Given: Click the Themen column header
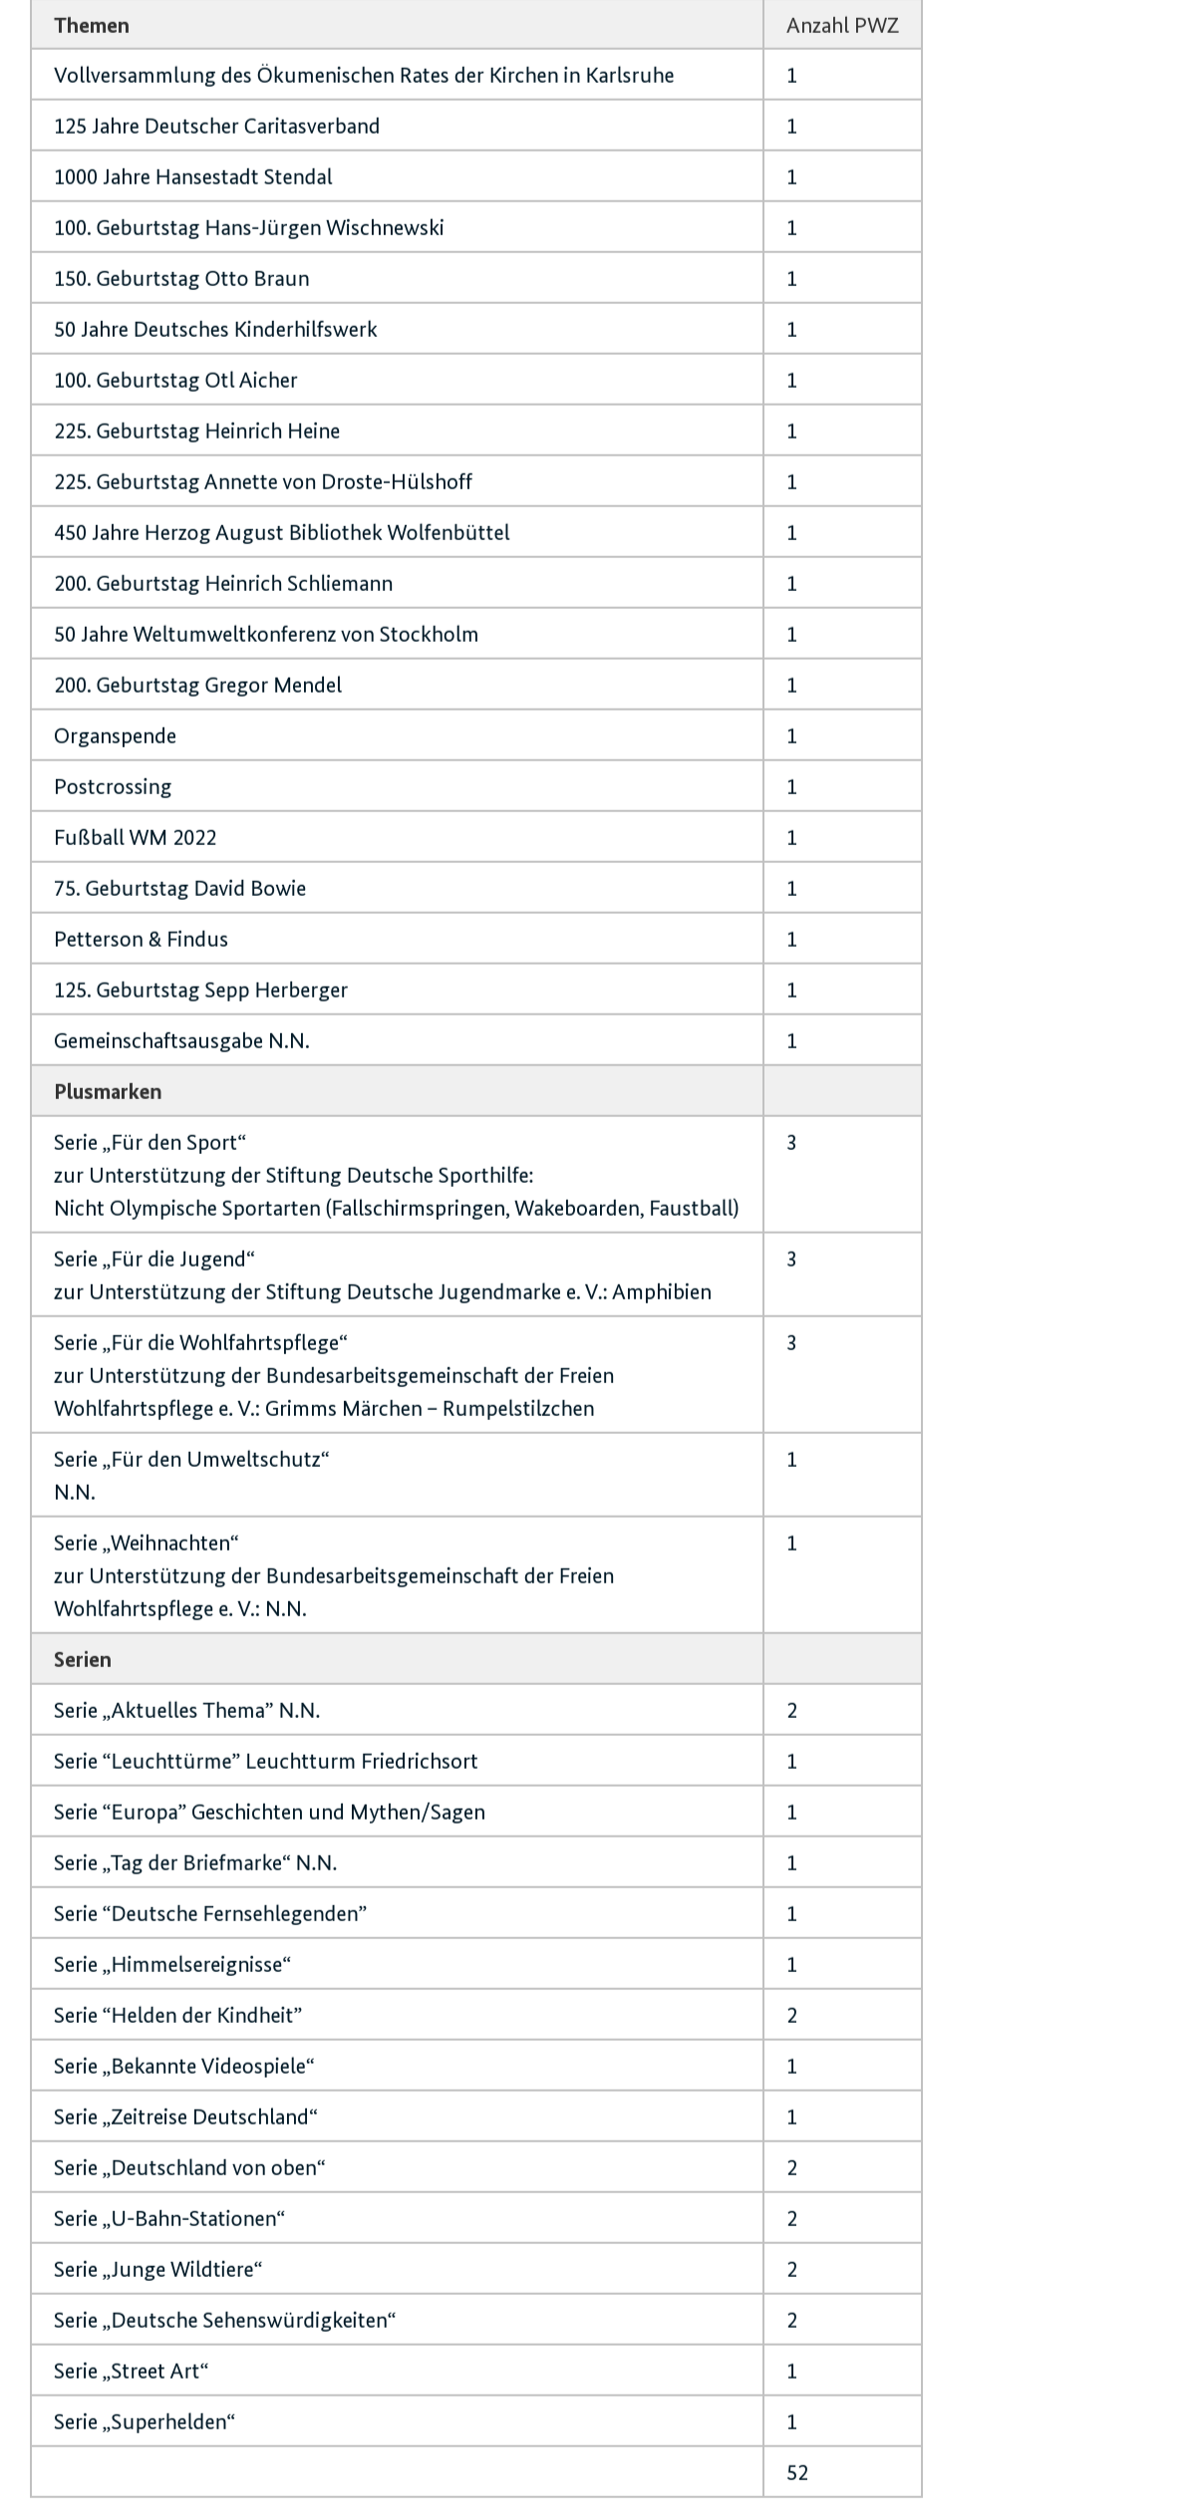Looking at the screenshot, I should (x=92, y=25).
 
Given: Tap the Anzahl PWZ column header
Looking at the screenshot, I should (x=841, y=25).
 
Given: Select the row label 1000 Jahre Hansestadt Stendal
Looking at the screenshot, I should (x=193, y=176).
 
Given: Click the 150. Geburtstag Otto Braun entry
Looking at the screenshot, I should (x=181, y=278).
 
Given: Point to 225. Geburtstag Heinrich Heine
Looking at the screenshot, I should (x=196, y=430).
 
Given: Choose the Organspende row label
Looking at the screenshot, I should (x=115, y=735).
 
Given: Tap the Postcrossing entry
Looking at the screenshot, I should (x=113, y=786).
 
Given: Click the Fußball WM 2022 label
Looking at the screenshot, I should (x=136, y=837).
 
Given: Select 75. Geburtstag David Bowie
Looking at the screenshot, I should (x=179, y=888).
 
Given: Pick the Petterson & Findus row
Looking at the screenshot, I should (x=141, y=939).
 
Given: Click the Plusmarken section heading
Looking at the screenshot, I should (x=108, y=1091).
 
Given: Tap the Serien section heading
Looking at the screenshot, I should (x=82, y=1659).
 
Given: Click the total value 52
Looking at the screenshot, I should (x=797, y=2472).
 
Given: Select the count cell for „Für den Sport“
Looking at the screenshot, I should (x=791, y=1142).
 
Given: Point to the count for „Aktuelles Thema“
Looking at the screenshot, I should (x=791, y=1710).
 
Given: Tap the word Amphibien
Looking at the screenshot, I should (x=662, y=1291).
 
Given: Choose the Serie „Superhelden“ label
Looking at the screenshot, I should (x=145, y=2421).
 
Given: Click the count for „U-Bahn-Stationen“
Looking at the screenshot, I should (x=791, y=2218).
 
